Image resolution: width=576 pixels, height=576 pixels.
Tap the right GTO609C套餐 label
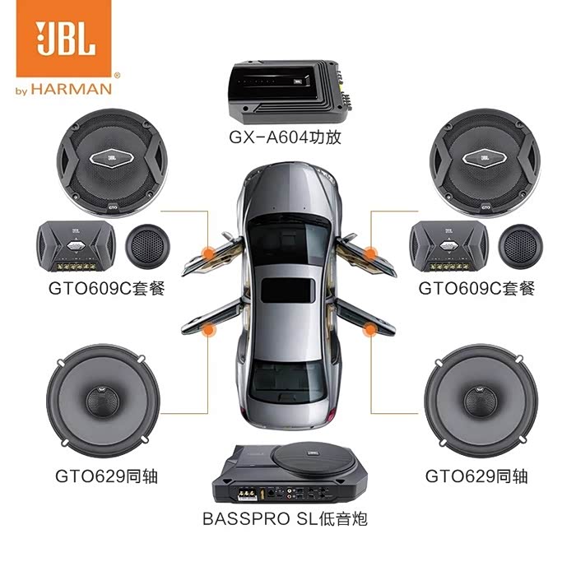476,289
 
